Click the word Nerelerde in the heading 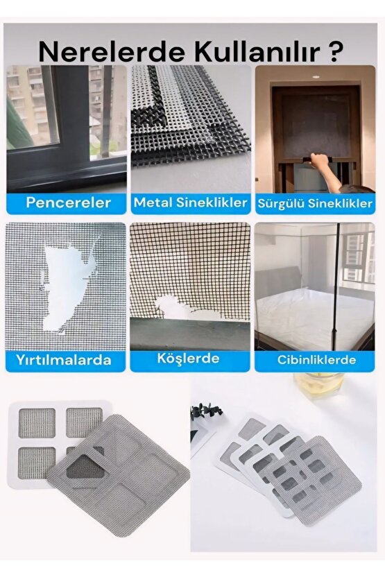point(111,52)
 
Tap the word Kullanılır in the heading point(257,52)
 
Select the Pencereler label point(68,203)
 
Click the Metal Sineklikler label point(190,203)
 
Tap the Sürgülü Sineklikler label point(315,203)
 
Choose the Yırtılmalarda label point(64,360)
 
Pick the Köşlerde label point(188,359)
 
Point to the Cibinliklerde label point(316,360)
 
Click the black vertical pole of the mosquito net point(336,287)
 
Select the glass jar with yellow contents point(319,386)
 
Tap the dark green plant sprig point(206,410)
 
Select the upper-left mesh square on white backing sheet point(37,423)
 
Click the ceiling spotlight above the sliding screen point(315,77)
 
